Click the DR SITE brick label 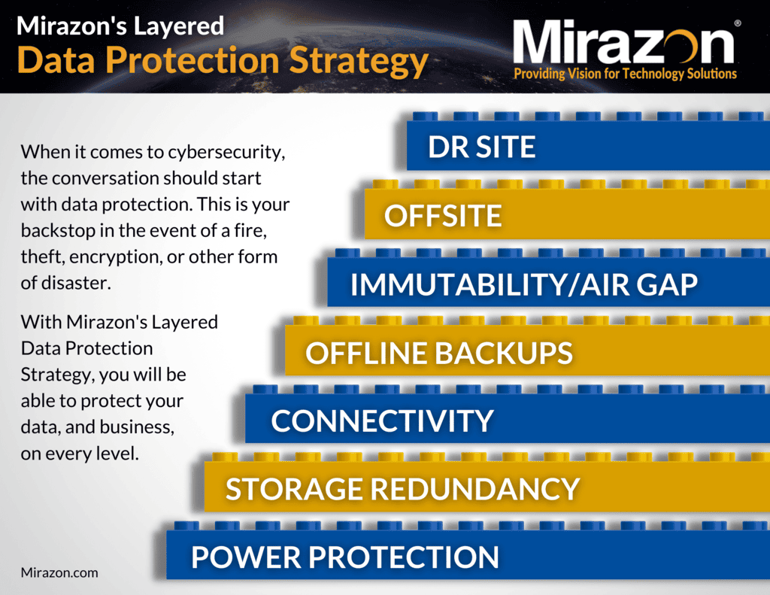(x=481, y=147)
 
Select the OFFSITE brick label (x=443, y=215)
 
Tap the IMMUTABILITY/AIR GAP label (x=524, y=284)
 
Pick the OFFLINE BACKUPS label (x=439, y=353)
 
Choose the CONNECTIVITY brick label (x=382, y=421)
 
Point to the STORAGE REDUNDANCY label (x=403, y=489)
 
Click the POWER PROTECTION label (x=344, y=557)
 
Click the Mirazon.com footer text (x=59, y=572)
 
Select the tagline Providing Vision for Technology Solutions (x=625, y=74)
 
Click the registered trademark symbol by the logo (x=737, y=23)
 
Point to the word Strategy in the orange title (x=359, y=62)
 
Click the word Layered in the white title (x=179, y=27)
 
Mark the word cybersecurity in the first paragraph (x=226, y=153)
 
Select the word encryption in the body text (x=115, y=257)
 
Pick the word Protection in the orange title (x=192, y=60)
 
